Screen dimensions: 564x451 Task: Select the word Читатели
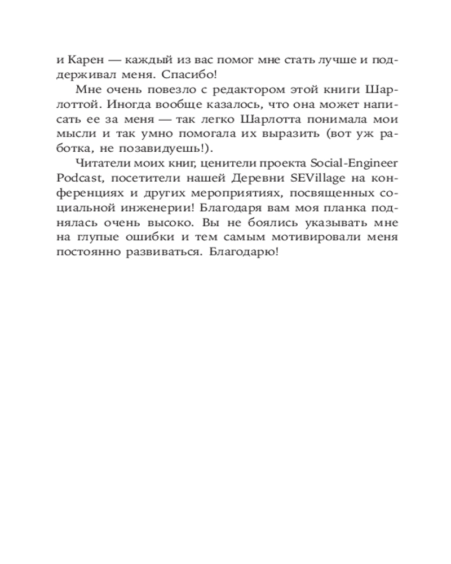coord(96,164)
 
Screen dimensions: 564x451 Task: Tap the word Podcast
coord(78,178)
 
